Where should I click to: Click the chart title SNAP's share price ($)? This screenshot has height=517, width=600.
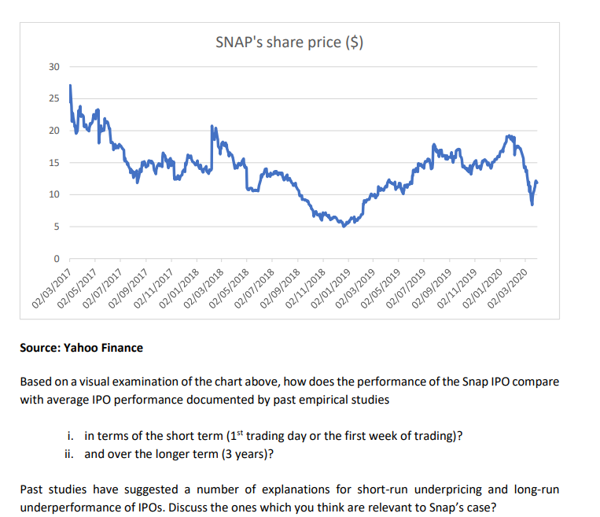pos(289,42)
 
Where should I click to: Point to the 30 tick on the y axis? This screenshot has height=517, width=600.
pos(53,67)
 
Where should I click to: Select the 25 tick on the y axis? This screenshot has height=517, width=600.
pos(53,98)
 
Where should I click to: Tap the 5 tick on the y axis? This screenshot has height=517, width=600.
pos(55,227)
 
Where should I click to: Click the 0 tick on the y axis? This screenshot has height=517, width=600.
pos(55,259)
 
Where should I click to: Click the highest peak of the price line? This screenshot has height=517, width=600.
pos(70,85)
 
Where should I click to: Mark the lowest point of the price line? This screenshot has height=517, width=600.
pos(344,227)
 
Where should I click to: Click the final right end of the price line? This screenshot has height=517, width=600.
pos(537,182)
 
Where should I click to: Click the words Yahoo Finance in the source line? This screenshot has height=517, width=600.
pos(109,347)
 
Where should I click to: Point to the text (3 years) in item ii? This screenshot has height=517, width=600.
pos(256,453)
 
